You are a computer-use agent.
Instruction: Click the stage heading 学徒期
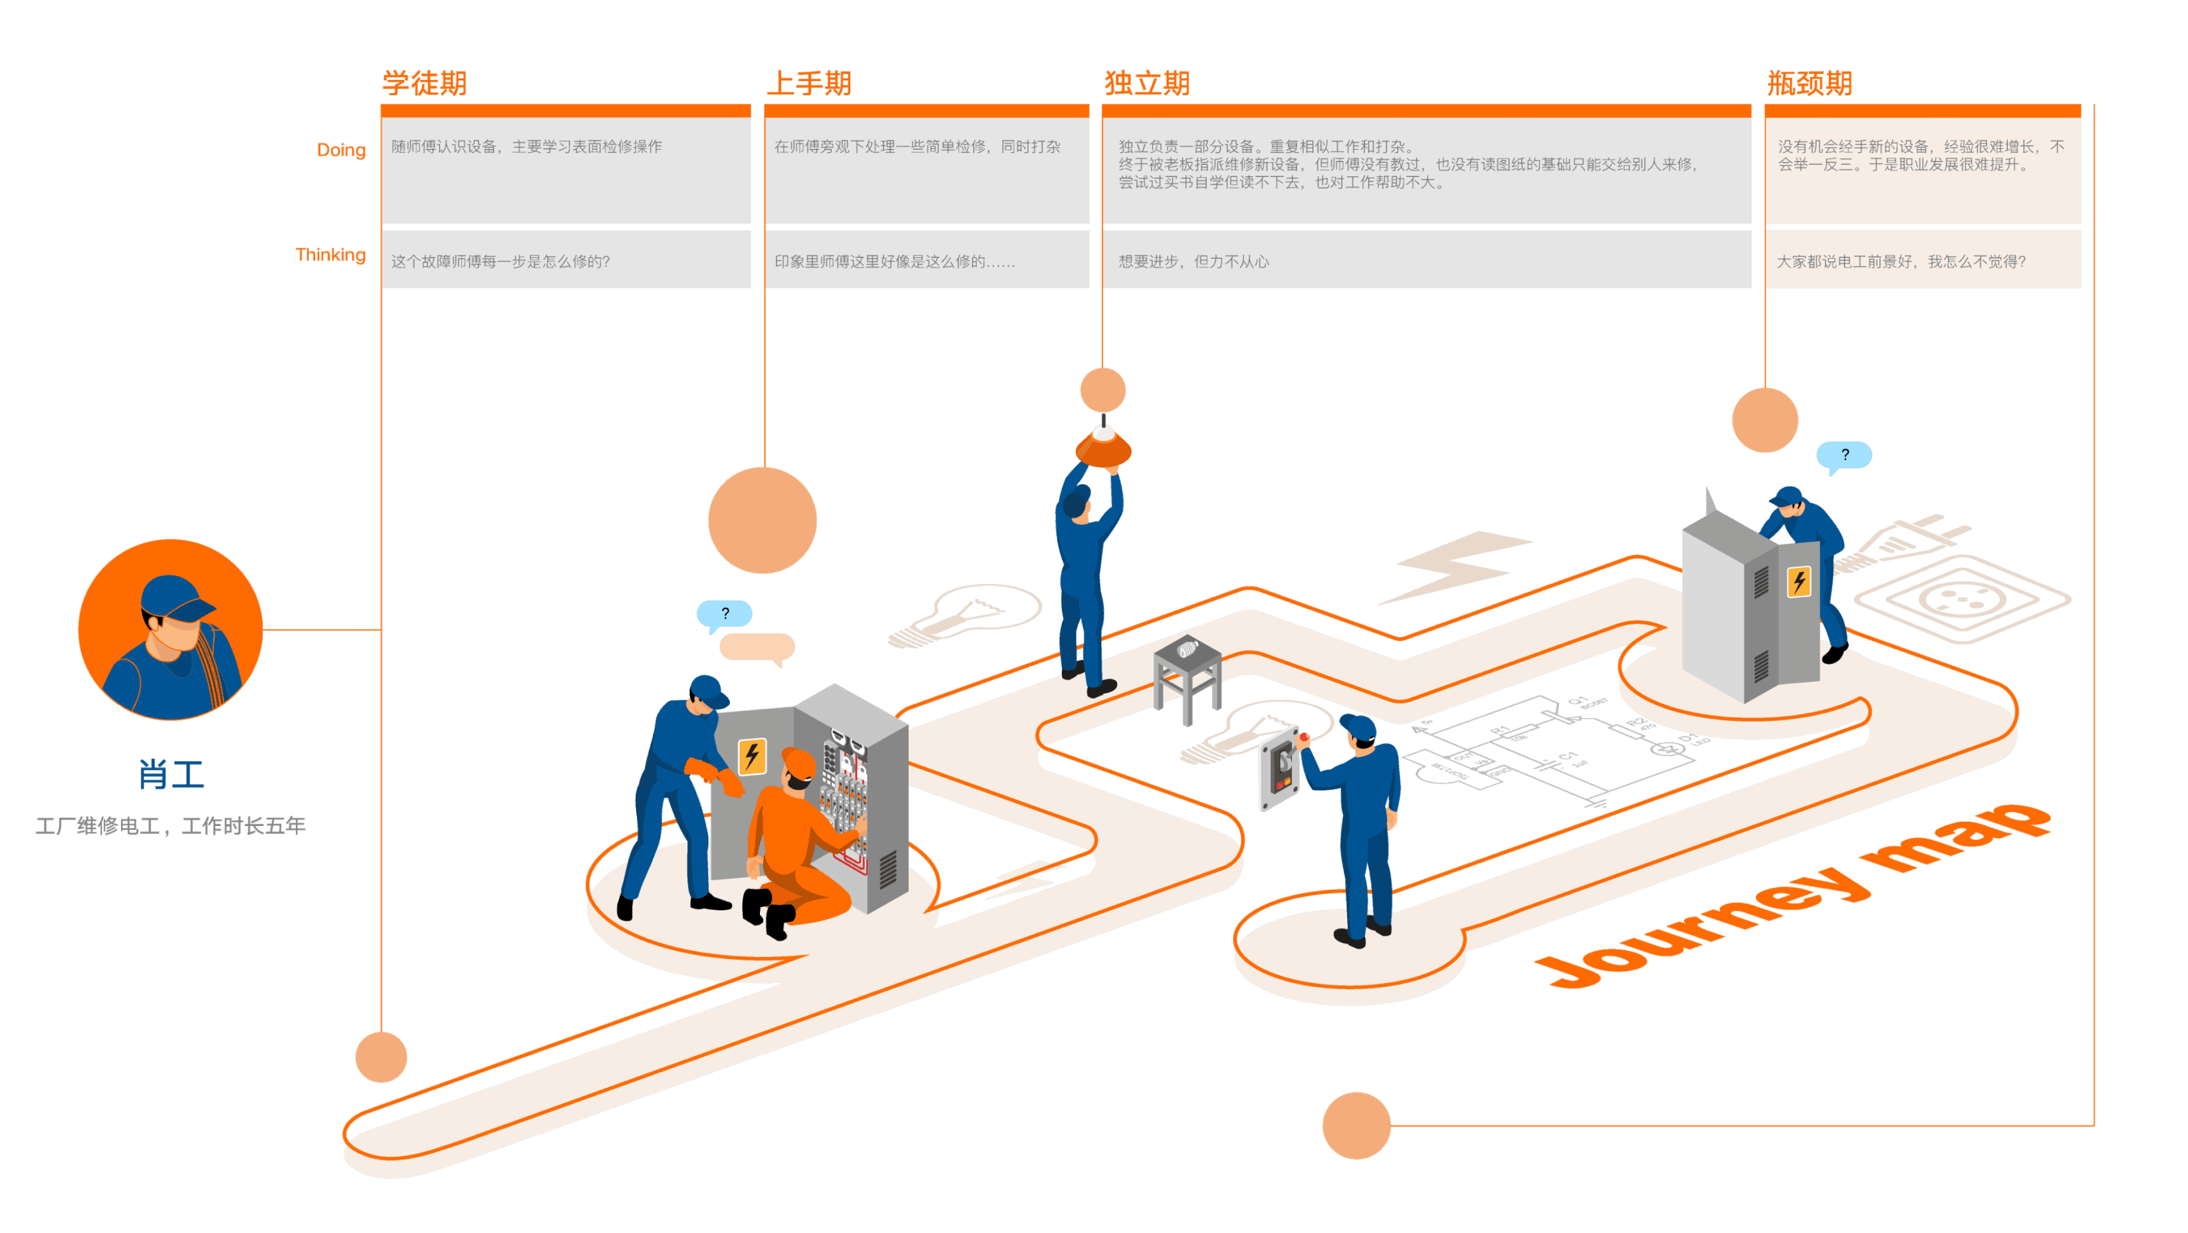point(424,83)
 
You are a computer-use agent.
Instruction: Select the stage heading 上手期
point(808,83)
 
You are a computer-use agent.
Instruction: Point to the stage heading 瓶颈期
point(1809,83)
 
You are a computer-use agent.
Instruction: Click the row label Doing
point(340,150)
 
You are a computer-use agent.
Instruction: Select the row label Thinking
point(330,255)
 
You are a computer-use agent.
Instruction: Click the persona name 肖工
point(171,775)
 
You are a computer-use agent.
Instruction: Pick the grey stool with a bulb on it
point(1187,679)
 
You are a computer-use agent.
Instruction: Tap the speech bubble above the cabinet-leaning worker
point(1844,456)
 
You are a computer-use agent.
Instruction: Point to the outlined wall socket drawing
point(1962,600)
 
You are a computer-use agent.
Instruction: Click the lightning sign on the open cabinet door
point(752,755)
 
